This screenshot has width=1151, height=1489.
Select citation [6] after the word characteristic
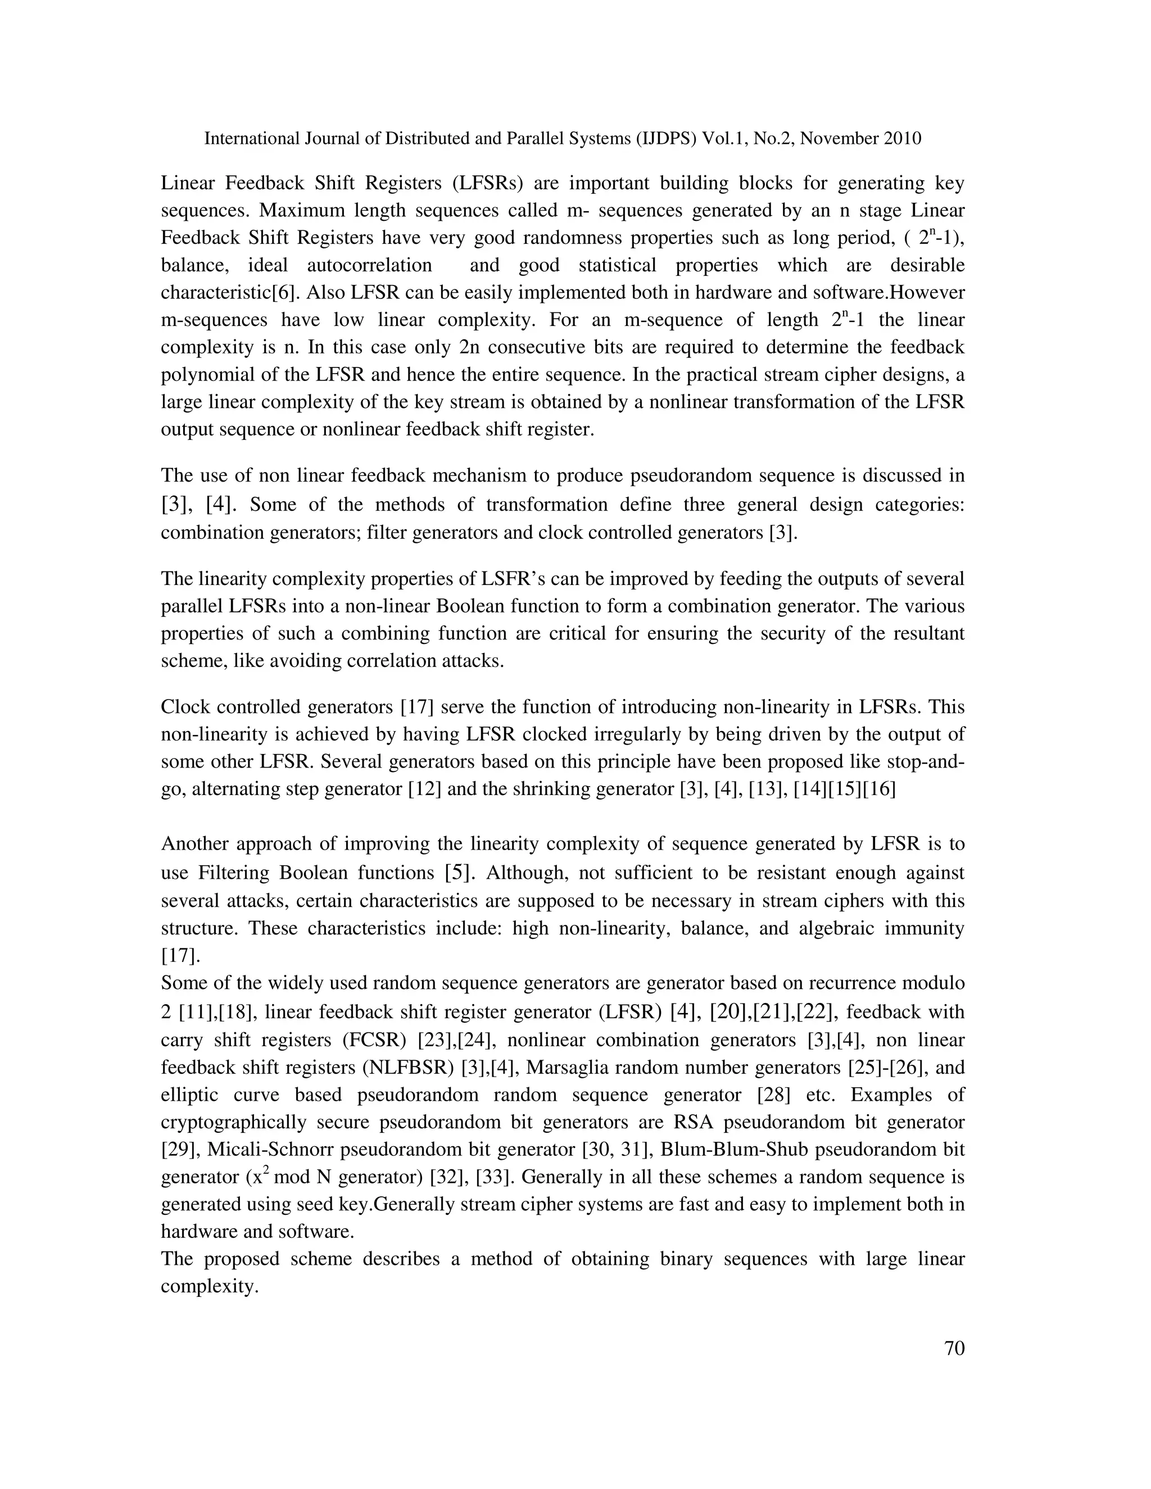click(283, 293)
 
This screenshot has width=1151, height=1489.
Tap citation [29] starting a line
click(178, 1150)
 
